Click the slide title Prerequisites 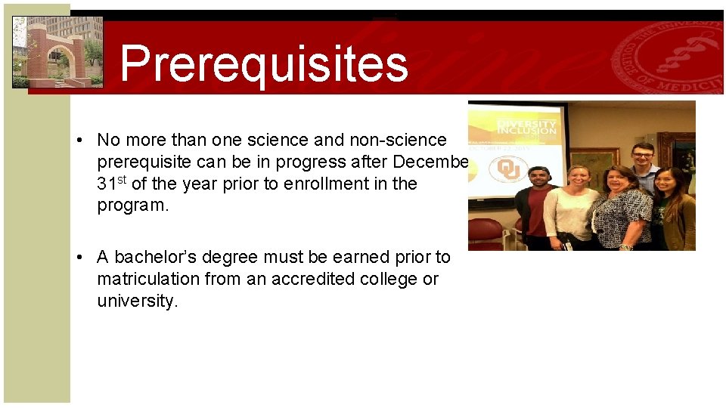click(x=263, y=63)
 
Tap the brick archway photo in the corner click(x=57, y=52)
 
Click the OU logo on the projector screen click(x=509, y=168)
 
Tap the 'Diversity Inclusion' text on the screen click(x=527, y=127)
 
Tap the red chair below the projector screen click(x=488, y=233)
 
